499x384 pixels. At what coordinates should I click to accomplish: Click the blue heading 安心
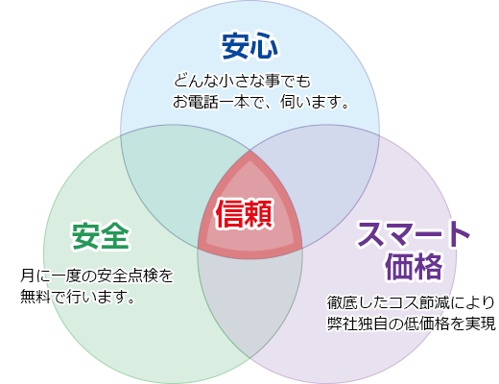click(249, 46)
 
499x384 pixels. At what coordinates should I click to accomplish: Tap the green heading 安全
click(101, 236)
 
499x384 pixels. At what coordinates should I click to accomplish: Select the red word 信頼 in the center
click(244, 213)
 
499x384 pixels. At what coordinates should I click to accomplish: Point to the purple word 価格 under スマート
click(414, 267)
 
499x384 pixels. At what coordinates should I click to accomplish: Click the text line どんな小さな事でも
click(242, 81)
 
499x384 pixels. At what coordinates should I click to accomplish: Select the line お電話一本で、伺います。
click(261, 102)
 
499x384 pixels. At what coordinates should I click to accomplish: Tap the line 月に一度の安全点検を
click(97, 276)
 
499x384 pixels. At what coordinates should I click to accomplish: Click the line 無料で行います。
click(77, 297)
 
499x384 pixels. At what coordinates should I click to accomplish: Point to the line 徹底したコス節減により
click(411, 302)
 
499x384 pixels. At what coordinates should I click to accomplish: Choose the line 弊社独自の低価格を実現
click(412, 324)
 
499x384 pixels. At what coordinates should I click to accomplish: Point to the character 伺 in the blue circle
click(288, 102)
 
